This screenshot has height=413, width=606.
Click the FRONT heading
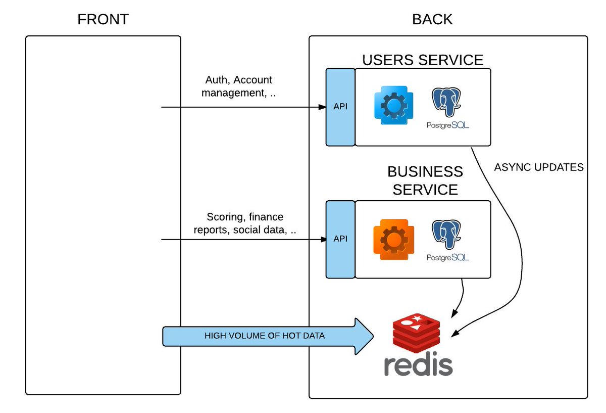tap(103, 20)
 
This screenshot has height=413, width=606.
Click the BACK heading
tap(432, 20)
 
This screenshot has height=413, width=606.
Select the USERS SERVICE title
tap(423, 60)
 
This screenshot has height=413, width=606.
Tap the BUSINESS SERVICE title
tap(425, 180)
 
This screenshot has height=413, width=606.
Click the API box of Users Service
tap(340, 107)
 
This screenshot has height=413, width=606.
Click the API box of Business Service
tap(340, 239)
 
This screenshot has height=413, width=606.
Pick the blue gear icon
tap(390, 105)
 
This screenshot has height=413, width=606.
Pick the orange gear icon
tap(390, 239)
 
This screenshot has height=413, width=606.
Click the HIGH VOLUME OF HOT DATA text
tap(265, 336)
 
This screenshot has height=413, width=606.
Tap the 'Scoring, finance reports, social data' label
tap(245, 223)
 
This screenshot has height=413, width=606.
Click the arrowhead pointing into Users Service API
tap(322, 107)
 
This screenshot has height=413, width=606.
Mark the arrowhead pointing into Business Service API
tap(322, 239)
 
